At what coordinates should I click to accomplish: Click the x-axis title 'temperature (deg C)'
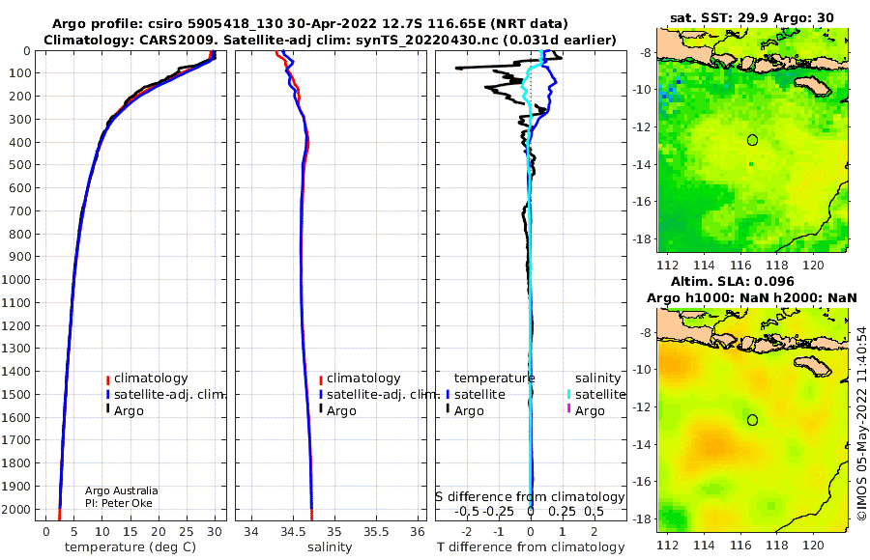coord(130,547)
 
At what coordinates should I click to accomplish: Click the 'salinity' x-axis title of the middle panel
coord(330,547)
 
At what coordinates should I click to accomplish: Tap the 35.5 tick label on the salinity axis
coord(376,532)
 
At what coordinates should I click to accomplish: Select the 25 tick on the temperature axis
coord(187,532)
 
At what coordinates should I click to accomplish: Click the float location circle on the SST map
coord(752,140)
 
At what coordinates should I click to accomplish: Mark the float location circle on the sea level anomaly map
coord(752,420)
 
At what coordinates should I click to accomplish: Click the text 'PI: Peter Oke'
coord(119,503)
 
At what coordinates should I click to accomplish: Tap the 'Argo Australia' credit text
coord(122,490)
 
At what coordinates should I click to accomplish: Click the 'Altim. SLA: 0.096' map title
coord(733,281)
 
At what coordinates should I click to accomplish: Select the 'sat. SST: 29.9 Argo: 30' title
coord(752,17)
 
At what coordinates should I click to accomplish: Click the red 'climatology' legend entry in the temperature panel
coord(147,378)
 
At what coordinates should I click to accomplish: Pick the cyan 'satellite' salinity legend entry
coord(595,394)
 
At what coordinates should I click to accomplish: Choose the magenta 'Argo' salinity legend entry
coord(585,411)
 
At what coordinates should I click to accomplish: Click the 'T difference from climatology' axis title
coord(531,547)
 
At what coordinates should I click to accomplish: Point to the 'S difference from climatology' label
coord(530,497)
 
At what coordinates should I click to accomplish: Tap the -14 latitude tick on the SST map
coord(642,165)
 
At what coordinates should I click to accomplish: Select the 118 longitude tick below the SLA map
coord(777,545)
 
